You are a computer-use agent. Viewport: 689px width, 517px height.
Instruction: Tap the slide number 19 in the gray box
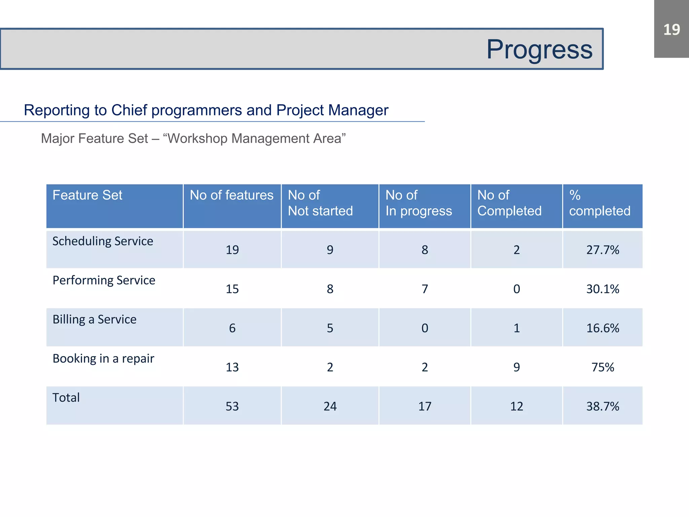click(x=671, y=30)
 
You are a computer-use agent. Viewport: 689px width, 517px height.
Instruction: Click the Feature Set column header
click(x=87, y=195)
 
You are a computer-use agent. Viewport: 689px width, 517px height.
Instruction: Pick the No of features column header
click(x=231, y=195)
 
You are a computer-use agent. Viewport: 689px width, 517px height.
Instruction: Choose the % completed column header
click(x=600, y=203)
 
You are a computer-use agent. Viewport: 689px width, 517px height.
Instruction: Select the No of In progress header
click(x=419, y=203)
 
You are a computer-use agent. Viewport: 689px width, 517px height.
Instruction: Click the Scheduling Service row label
click(x=103, y=241)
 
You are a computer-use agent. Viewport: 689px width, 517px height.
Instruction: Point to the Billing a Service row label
click(x=95, y=319)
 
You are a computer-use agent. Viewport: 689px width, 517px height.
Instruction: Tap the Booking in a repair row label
click(x=103, y=358)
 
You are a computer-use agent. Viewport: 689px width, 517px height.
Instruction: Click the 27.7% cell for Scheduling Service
click(x=603, y=250)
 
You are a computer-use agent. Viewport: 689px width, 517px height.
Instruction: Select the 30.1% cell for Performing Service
click(x=603, y=289)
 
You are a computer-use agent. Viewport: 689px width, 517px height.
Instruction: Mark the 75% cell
click(x=603, y=367)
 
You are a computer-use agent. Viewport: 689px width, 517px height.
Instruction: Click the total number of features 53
click(x=232, y=406)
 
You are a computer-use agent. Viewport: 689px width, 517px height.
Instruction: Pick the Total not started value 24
click(x=330, y=406)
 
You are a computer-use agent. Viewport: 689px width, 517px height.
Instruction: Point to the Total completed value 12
click(x=516, y=406)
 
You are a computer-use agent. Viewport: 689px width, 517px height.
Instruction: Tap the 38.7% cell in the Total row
click(x=603, y=406)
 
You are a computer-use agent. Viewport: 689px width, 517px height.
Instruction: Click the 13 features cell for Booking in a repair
click(x=232, y=367)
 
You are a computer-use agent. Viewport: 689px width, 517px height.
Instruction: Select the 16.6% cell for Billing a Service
click(x=603, y=328)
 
